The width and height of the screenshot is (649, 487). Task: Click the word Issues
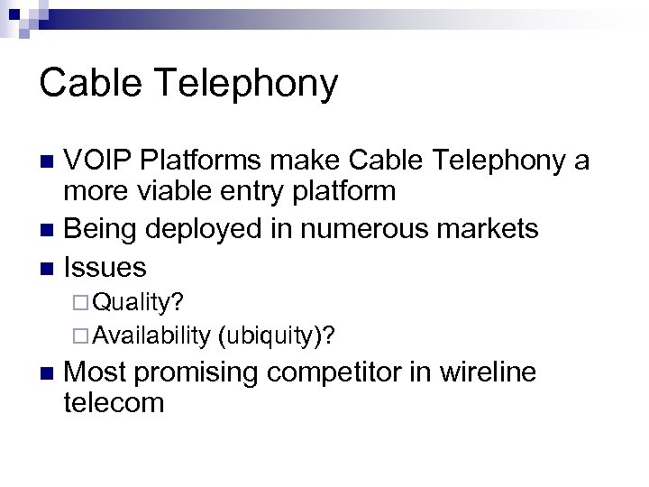click(106, 267)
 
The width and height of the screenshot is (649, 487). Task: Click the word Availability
click(151, 335)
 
